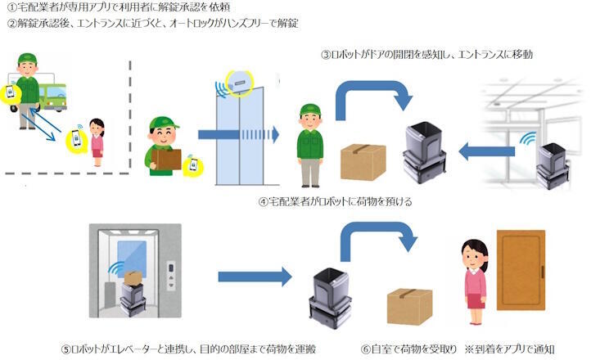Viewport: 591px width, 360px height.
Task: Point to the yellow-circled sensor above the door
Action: coord(240,81)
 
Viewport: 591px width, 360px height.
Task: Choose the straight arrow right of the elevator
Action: coord(255,277)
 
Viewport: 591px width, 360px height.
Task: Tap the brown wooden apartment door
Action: coord(521,270)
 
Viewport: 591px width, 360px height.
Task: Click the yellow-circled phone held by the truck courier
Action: coord(11,92)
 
